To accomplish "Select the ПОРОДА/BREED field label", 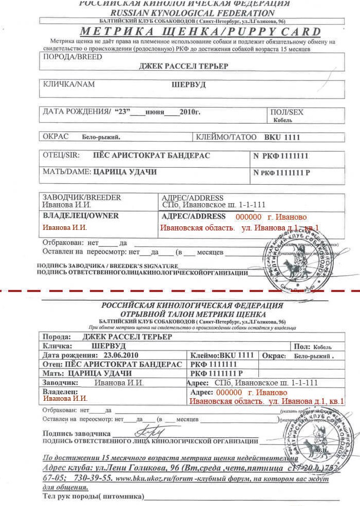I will [x=72, y=57].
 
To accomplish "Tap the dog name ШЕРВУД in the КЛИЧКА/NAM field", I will [x=188, y=85].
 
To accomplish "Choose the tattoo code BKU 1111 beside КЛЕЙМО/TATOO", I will [x=282, y=138].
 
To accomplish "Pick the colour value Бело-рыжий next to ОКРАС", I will [x=101, y=138].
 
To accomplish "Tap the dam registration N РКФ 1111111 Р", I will [x=282, y=173].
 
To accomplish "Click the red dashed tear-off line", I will [x=180, y=291].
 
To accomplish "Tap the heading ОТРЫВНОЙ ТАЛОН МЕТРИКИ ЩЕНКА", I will [x=193, y=314].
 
